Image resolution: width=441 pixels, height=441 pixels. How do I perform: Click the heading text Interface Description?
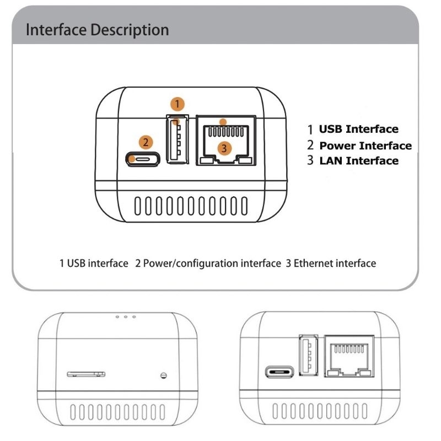[98, 30]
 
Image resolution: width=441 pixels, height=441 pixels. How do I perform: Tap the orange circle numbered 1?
[176, 103]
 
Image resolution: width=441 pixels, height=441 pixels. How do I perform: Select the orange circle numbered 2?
[145, 142]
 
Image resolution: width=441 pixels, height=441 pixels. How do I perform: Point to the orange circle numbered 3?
[223, 148]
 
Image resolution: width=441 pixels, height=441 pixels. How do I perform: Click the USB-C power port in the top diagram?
[143, 160]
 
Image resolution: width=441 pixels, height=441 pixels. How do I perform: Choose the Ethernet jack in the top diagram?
[225, 141]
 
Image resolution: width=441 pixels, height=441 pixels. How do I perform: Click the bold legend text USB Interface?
[358, 129]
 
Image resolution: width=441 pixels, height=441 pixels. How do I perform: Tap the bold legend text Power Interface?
[365, 146]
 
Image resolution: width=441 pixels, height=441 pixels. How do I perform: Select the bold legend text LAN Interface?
[358, 161]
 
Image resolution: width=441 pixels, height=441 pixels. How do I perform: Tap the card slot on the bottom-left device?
[85, 374]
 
